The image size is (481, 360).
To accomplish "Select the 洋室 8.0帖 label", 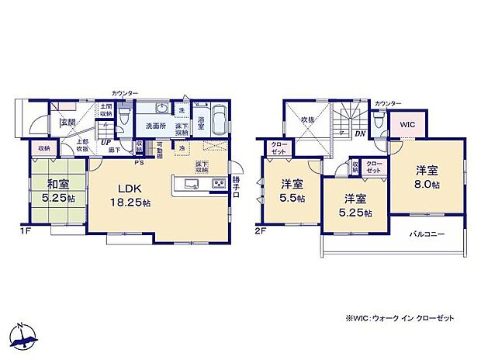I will coord(426,175).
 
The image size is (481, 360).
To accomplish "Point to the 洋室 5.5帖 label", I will coord(292,190).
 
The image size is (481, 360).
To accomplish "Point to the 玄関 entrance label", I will coord(67,122).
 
